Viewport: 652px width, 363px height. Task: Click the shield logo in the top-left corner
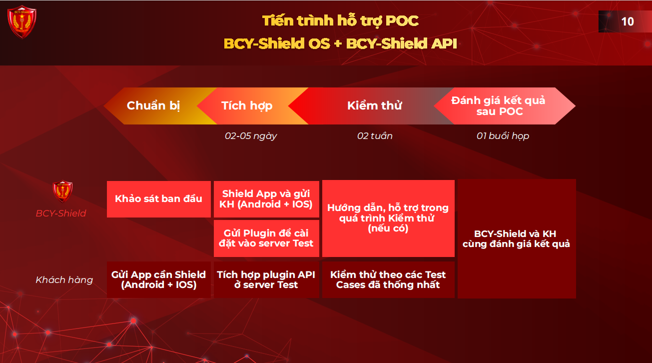[22, 22]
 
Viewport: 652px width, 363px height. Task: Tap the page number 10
[627, 21]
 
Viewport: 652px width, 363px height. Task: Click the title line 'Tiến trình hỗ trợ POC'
[340, 21]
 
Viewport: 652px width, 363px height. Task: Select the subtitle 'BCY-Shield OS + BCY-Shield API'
[340, 43]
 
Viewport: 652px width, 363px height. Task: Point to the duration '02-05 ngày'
[251, 136]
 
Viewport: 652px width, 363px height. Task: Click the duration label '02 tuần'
[375, 136]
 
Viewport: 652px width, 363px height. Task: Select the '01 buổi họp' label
[503, 136]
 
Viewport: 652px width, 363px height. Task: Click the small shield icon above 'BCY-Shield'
[62, 191]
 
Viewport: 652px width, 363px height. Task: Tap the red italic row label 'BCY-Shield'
[61, 213]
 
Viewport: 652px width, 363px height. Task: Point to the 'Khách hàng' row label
[64, 280]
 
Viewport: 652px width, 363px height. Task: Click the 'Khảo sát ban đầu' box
[159, 199]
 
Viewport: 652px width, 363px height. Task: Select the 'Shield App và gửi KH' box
[266, 199]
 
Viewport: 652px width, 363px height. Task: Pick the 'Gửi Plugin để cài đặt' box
[266, 238]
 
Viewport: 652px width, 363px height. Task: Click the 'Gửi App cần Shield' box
[159, 279]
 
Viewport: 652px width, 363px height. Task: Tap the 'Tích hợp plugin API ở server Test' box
[266, 279]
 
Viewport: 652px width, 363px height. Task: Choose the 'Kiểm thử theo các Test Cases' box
[388, 279]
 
